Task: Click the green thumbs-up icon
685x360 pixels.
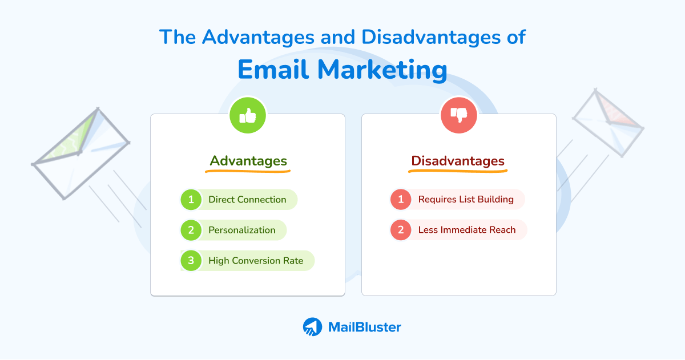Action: pos(247,115)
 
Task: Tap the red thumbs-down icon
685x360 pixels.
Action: pos(459,115)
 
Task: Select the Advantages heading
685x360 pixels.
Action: pos(248,161)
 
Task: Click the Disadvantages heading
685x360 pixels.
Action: pos(458,161)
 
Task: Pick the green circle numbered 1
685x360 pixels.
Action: pos(191,200)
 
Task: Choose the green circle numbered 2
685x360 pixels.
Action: pos(191,230)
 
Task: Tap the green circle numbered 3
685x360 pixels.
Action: pos(191,261)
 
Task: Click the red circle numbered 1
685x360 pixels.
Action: pos(401,200)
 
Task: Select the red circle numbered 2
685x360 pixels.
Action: pos(401,230)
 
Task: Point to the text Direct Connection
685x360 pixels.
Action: pos(247,200)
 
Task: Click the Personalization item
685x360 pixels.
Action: pos(241,230)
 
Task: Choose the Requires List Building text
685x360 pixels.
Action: pos(466,200)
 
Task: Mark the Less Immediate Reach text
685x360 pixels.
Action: pos(466,230)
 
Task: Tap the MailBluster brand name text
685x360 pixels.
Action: pos(364,327)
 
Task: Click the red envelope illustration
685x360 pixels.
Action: pos(607,122)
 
